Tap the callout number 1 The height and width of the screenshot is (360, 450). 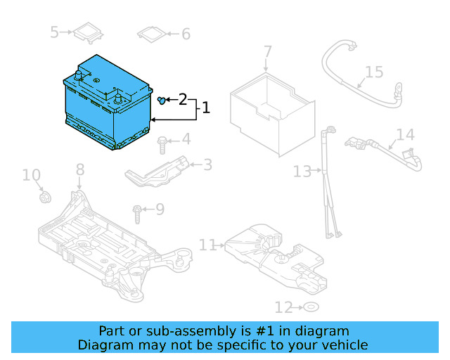(x=206, y=108)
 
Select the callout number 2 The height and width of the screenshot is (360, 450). (x=183, y=100)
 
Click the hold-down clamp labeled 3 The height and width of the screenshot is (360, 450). (x=158, y=172)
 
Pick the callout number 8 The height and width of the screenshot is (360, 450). (x=80, y=169)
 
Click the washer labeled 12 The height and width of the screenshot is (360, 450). (x=309, y=307)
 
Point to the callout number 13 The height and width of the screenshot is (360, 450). (x=302, y=171)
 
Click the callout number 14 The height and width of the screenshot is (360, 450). (x=405, y=135)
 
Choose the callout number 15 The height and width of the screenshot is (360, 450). (x=374, y=72)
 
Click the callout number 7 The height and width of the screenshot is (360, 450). (x=267, y=51)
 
